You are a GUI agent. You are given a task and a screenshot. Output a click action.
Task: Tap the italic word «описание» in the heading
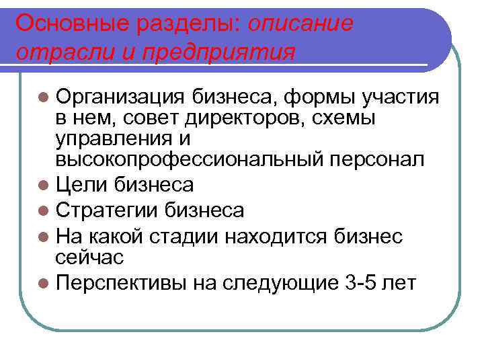point(300,24)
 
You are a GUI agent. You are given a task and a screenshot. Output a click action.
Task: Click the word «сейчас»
point(89,257)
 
